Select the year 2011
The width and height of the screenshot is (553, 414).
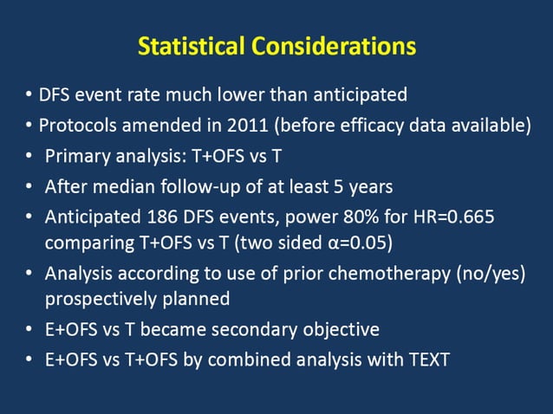(x=250, y=125)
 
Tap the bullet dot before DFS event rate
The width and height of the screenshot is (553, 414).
(x=29, y=94)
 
